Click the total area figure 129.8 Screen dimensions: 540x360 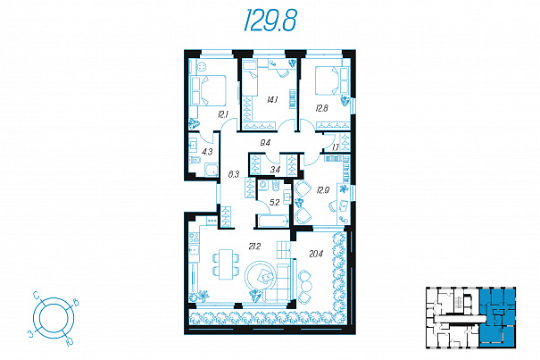pos(270,21)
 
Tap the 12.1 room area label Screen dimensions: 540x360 pos(223,114)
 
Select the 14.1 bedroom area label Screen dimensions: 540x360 pos(272,100)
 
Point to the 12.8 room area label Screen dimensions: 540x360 pos(321,108)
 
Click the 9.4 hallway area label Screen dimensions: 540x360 pos(265,143)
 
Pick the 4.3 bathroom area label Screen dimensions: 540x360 pos(207,151)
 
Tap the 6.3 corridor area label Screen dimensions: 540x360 pos(234,174)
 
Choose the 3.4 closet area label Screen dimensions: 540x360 pos(275,170)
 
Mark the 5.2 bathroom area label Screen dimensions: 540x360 pos(275,203)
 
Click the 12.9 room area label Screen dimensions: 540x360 pos(323,190)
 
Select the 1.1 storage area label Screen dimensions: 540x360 pos(336,147)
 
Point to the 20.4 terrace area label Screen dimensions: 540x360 pos(316,254)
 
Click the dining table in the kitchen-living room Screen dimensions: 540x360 pos(226,264)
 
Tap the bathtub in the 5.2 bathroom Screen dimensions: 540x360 pos(272,221)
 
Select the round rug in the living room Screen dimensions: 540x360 pos(260,277)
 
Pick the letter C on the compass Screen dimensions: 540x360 pos(37,295)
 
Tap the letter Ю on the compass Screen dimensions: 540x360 pos(70,341)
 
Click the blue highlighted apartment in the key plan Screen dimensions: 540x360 pos(497,317)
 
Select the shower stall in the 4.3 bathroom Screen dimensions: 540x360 pos(212,171)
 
